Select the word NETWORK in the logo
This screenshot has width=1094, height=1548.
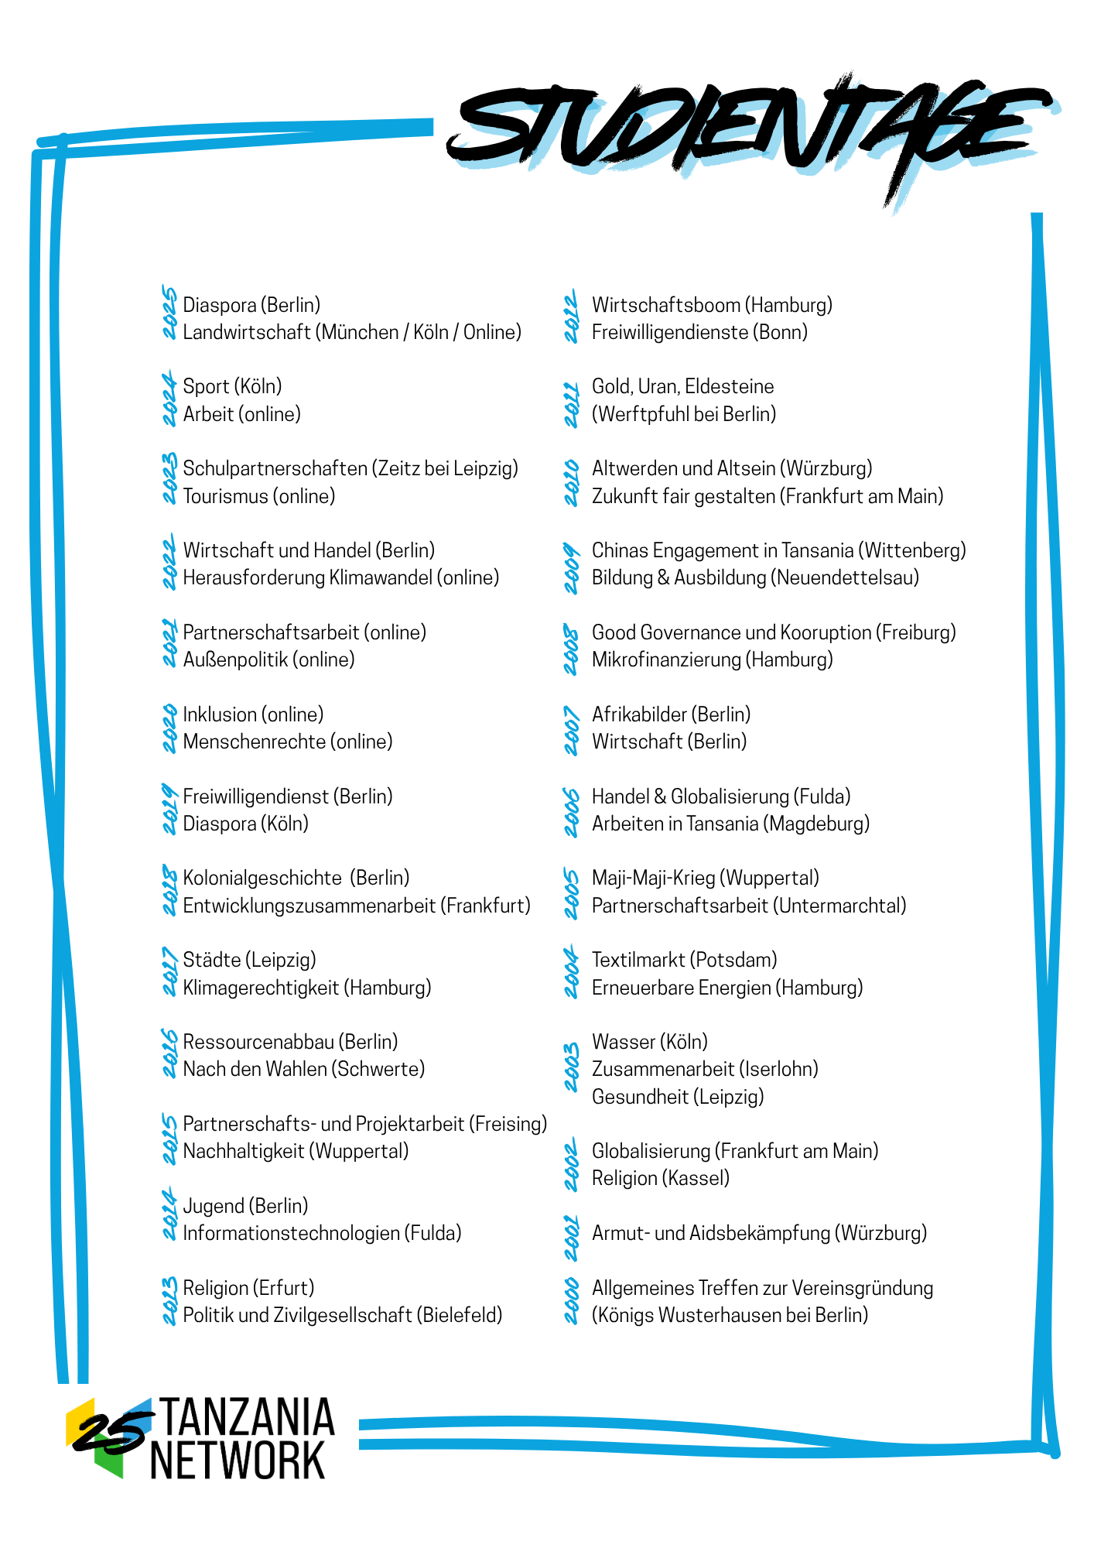(237, 1461)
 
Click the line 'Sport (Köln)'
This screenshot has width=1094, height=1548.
(232, 386)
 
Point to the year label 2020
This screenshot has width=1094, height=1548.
(169, 728)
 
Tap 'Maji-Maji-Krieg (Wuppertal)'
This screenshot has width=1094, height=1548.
(705, 878)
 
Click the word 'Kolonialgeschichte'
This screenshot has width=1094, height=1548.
(262, 878)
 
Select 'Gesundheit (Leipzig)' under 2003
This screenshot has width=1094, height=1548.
(678, 1097)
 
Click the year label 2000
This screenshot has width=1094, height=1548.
(571, 1301)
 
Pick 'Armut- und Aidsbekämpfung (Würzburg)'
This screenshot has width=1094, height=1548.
(759, 1233)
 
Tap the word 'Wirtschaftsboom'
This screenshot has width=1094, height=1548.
(665, 305)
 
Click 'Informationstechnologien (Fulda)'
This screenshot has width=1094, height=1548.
(322, 1233)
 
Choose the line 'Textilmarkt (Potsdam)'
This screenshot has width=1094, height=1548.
(684, 960)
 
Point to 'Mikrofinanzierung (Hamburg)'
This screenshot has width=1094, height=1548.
(712, 659)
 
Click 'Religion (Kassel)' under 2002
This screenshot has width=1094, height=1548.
(661, 1178)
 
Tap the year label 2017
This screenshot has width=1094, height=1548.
(169, 973)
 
